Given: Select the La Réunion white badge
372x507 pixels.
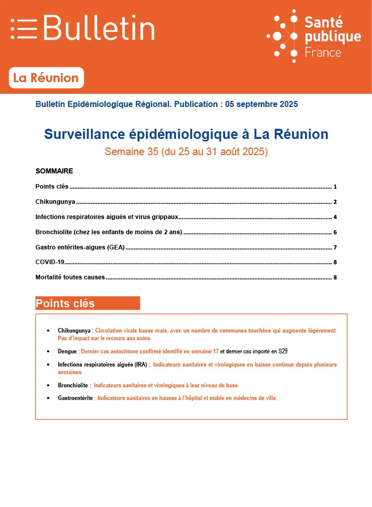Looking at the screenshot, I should click(46, 78).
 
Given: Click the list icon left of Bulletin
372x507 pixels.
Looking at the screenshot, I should click(24, 28).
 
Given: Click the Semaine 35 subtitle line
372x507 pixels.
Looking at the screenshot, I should click(186, 152).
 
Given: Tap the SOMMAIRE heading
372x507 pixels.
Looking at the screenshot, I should click(54, 171).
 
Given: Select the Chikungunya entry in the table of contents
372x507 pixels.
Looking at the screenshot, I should click(55, 202).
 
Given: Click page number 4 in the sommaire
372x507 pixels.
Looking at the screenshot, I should click(335, 217).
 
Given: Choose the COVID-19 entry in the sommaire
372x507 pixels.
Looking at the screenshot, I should click(50, 262).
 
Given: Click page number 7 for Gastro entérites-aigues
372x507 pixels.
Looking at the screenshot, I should click(335, 247).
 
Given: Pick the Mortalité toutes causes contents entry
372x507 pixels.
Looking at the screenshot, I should click(70, 277).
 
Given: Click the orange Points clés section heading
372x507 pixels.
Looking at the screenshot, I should click(65, 304).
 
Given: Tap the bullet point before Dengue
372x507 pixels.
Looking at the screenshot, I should click(48, 351).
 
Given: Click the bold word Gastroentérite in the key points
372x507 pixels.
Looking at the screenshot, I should click(76, 399).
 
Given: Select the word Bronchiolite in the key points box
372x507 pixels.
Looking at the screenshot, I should click(73, 385).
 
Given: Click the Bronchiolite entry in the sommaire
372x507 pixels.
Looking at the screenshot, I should click(108, 232).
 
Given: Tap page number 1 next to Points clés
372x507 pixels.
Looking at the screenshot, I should click(335, 187).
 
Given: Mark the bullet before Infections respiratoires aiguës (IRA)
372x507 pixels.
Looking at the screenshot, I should click(48, 365).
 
